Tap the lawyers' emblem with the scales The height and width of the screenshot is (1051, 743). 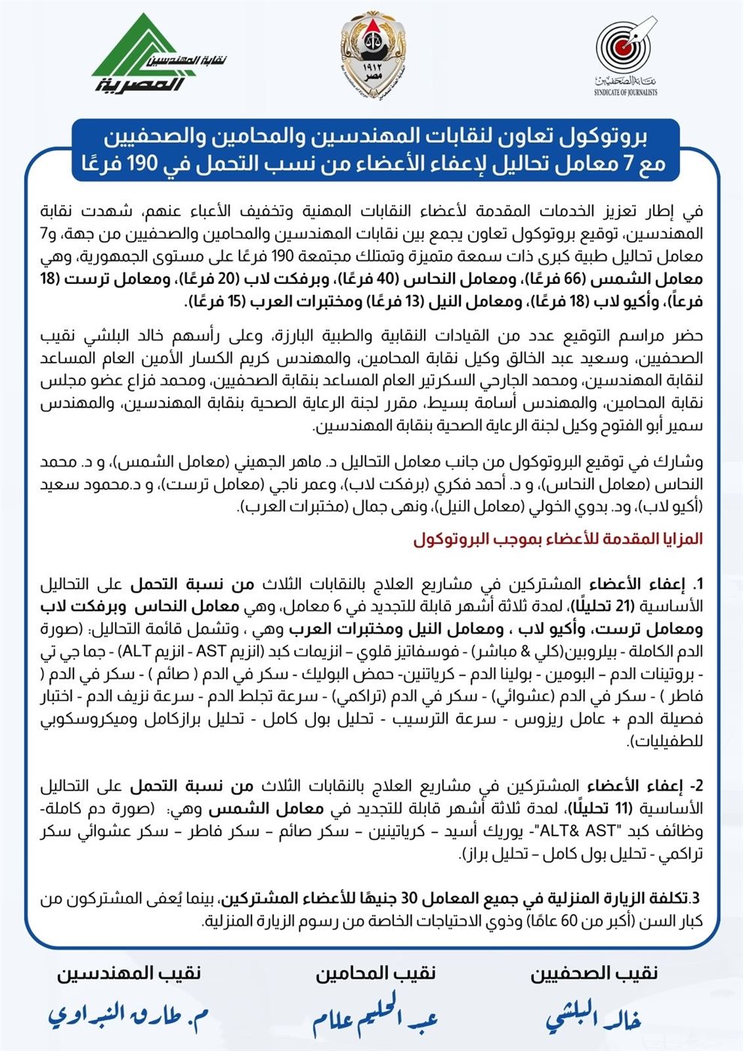pyautogui.click(x=371, y=50)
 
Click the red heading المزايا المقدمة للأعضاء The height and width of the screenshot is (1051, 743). pyautogui.click(x=558, y=539)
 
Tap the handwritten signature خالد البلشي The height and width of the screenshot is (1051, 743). pyautogui.click(x=593, y=1016)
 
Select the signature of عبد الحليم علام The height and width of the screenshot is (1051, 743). pyautogui.click(x=375, y=1018)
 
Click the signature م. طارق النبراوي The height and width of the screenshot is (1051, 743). pyautogui.click(x=128, y=1016)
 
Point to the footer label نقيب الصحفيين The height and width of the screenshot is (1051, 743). pyautogui.click(x=594, y=973)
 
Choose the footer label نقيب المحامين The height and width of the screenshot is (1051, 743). pyautogui.click(x=375, y=973)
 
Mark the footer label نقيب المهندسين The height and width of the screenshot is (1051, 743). pyautogui.click(x=129, y=973)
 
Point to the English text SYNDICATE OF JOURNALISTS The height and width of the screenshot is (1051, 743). pyautogui.click(x=625, y=92)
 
